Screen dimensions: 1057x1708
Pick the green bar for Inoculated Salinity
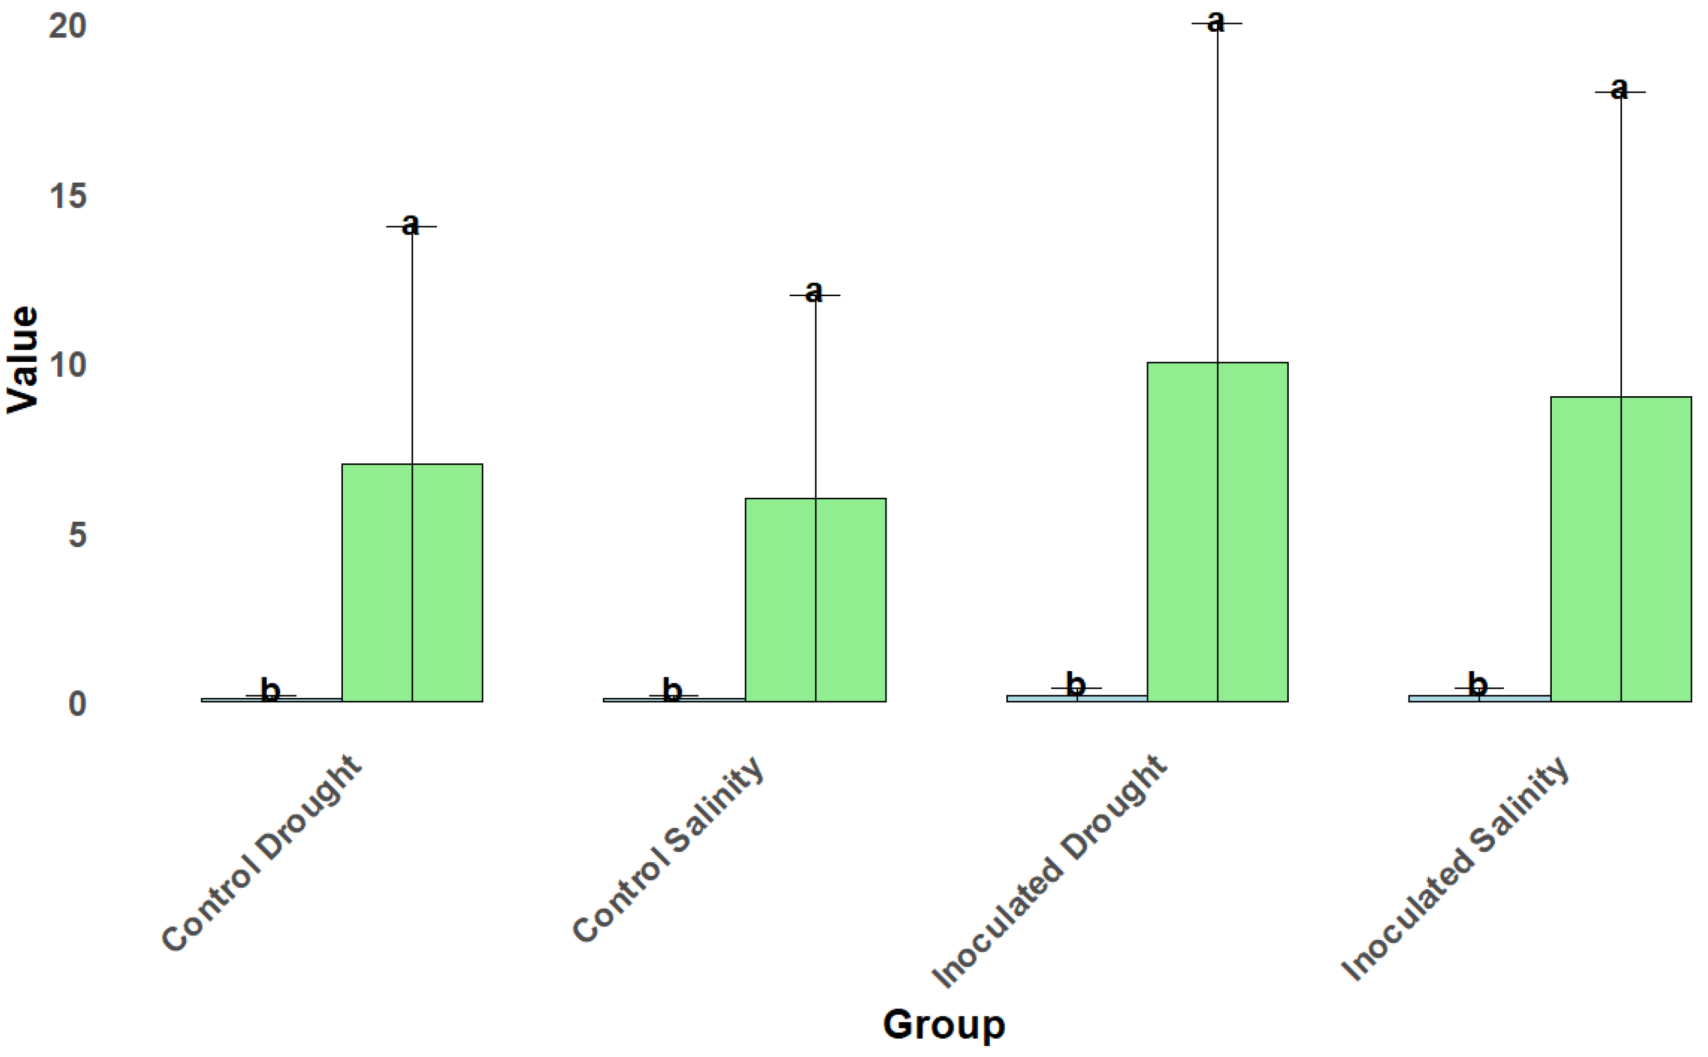click(1620, 549)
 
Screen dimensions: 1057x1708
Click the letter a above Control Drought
click(410, 224)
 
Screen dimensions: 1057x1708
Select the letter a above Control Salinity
click(813, 292)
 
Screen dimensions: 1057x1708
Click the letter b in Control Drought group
click(270, 690)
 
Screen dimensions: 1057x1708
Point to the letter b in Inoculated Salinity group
click(1477, 684)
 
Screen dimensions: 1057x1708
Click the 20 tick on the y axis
click(67, 26)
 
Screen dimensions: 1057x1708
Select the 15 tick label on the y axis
click(68, 196)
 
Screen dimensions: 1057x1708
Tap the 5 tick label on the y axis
click(77, 535)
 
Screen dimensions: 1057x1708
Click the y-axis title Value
click(22, 360)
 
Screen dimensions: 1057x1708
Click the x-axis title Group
click(943, 1025)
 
